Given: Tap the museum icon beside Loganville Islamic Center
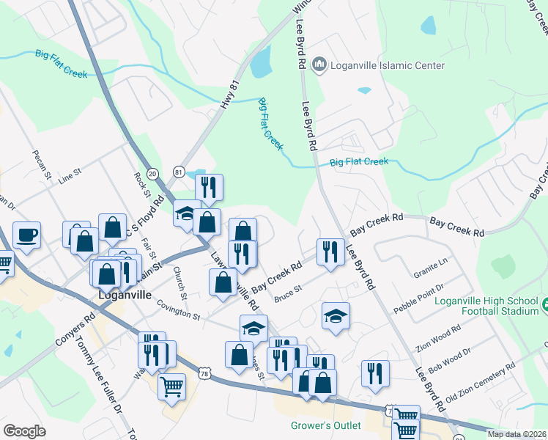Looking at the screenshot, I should click(319, 65).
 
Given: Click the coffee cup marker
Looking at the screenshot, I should click(26, 235).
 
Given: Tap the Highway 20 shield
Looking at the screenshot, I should click(152, 173).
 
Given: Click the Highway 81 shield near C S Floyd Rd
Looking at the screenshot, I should click(179, 172).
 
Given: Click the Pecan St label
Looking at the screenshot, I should click(40, 166).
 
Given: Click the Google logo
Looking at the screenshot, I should click(24, 431).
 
